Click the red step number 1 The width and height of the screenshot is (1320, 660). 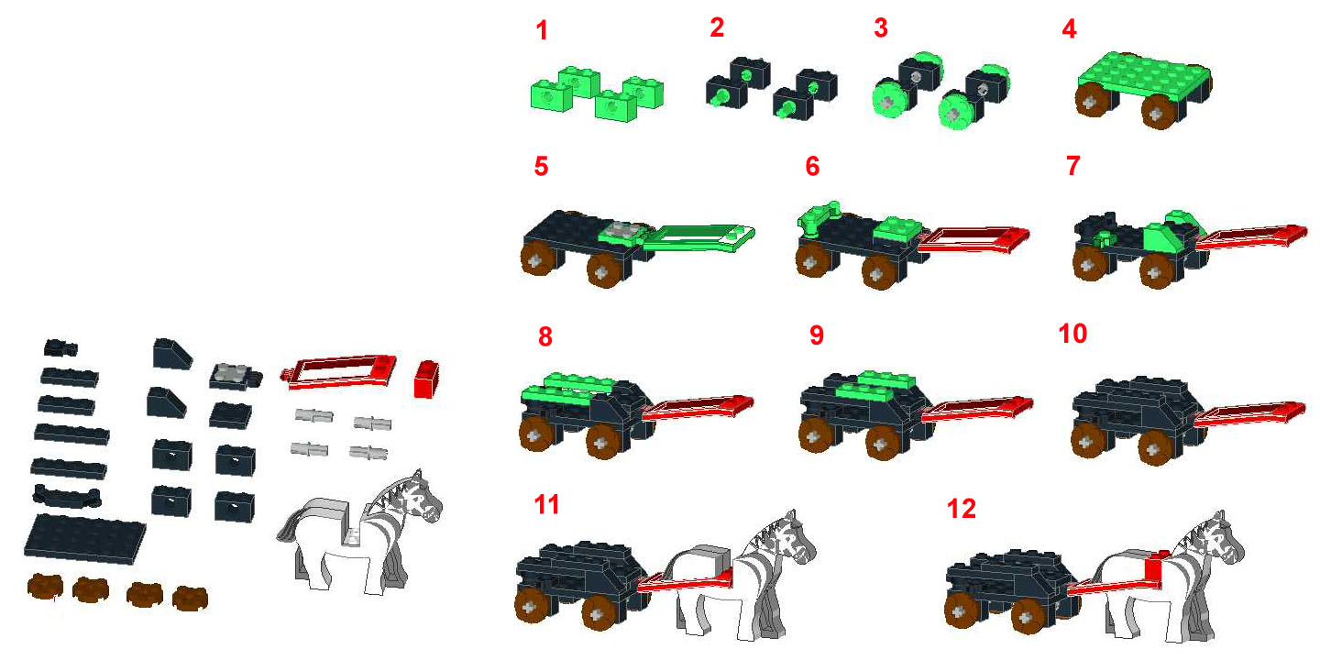(542, 31)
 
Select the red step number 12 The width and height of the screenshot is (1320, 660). (962, 509)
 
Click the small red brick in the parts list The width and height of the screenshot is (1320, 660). (424, 378)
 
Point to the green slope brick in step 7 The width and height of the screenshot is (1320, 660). (1162, 236)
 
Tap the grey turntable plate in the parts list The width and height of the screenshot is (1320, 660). (230, 374)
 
